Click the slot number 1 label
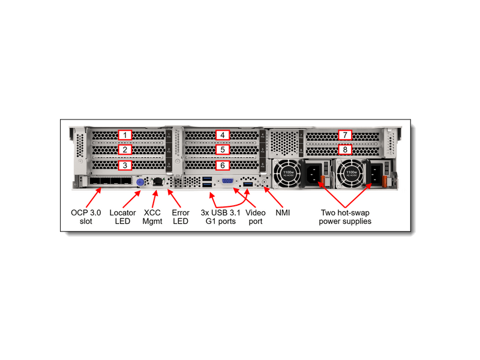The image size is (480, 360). [x=124, y=135]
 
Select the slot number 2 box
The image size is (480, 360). [x=124, y=149]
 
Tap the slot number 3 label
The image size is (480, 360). [x=124, y=164]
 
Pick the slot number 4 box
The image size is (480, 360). [x=223, y=135]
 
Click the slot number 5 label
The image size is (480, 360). [x=223, y=149]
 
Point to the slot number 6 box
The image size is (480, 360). [x=223, y=164]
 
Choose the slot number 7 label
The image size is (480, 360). [x=345, y=135]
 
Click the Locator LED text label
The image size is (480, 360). [x=122, y=217]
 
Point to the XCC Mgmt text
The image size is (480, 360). [x=152, y=217]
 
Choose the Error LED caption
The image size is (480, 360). [x=181, y=217]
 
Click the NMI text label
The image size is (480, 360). [x=283, y=212]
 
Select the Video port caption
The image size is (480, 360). [x=256, y=217]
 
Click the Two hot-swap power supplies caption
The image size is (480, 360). [x=345, y=217]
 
